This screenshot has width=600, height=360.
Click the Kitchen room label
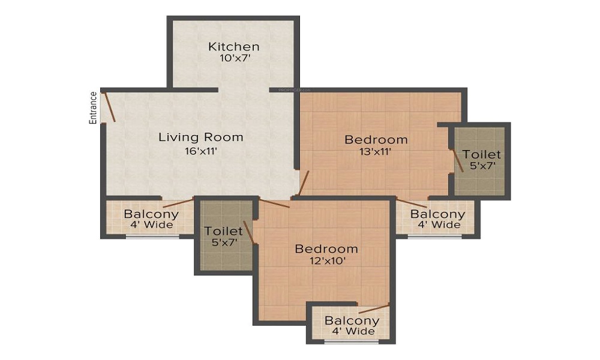pos(233,47)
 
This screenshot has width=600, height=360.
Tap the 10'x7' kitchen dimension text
pos(234,59)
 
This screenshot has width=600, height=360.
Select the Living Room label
pos(201,137)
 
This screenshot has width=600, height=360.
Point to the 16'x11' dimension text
pos(201,151)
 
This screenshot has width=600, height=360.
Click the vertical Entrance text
pos(93,107)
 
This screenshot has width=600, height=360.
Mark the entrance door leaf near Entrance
pos(109,106)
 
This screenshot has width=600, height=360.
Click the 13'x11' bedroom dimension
pos(376,152)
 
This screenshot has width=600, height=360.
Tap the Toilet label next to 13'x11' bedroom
pos(482,155)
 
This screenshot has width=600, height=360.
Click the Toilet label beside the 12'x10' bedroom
pos(223,231)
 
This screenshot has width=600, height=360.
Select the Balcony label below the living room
pos(151,214)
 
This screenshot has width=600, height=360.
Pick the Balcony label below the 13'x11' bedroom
pos(437,214)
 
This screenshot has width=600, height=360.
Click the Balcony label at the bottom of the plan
pos(352,320)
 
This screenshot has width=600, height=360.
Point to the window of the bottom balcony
pos(352,342)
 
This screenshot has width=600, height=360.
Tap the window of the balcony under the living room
pos(152,236)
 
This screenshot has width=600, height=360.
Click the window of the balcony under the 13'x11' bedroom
pos(435,236)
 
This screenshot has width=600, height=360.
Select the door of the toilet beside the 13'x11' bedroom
pos(457,160)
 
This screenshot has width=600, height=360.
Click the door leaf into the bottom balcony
pos(373,308)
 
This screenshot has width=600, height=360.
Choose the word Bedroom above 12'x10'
pos(326,248)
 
